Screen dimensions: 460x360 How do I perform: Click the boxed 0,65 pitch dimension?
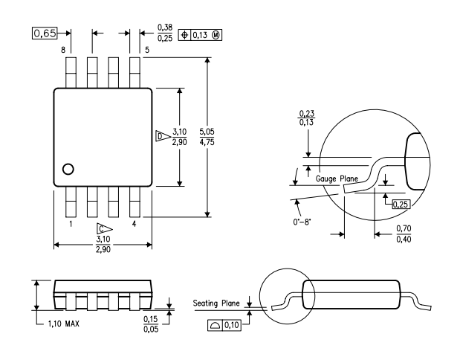(x=45, y=33)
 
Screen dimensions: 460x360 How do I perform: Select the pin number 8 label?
(x=63, y=50)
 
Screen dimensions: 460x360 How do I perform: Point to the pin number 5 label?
(x=147, y=50)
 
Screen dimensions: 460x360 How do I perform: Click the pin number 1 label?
(x=71, y=224)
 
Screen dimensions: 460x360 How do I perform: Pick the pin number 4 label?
(x=134, y=224)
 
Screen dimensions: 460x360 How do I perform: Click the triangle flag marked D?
(x=163, y=136)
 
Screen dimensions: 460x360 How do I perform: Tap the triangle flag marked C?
(x=105, y=229)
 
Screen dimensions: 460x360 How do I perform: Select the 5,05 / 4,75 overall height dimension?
(x=207, y=137)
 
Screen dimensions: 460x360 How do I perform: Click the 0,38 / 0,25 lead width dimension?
(x=165, y=33)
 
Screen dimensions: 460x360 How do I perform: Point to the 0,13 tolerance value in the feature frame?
(x=200, y=35)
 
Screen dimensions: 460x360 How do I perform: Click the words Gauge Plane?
(x=337, y=179)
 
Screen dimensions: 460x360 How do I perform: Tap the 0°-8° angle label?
(x=302, y=222)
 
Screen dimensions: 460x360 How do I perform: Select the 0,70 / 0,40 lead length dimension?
(x=404, y=234)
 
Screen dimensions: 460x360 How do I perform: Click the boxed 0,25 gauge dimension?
(x=401, y=204)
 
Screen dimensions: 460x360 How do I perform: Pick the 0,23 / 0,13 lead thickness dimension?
(x=307, y=118)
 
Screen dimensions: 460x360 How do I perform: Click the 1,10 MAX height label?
(x=64, y=324)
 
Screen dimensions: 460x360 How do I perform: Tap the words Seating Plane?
(x=216, y=303)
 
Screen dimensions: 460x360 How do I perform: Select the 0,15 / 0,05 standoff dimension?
(x=151, y=324)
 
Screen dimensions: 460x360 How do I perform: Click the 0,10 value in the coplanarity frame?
(x=232, y=325)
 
